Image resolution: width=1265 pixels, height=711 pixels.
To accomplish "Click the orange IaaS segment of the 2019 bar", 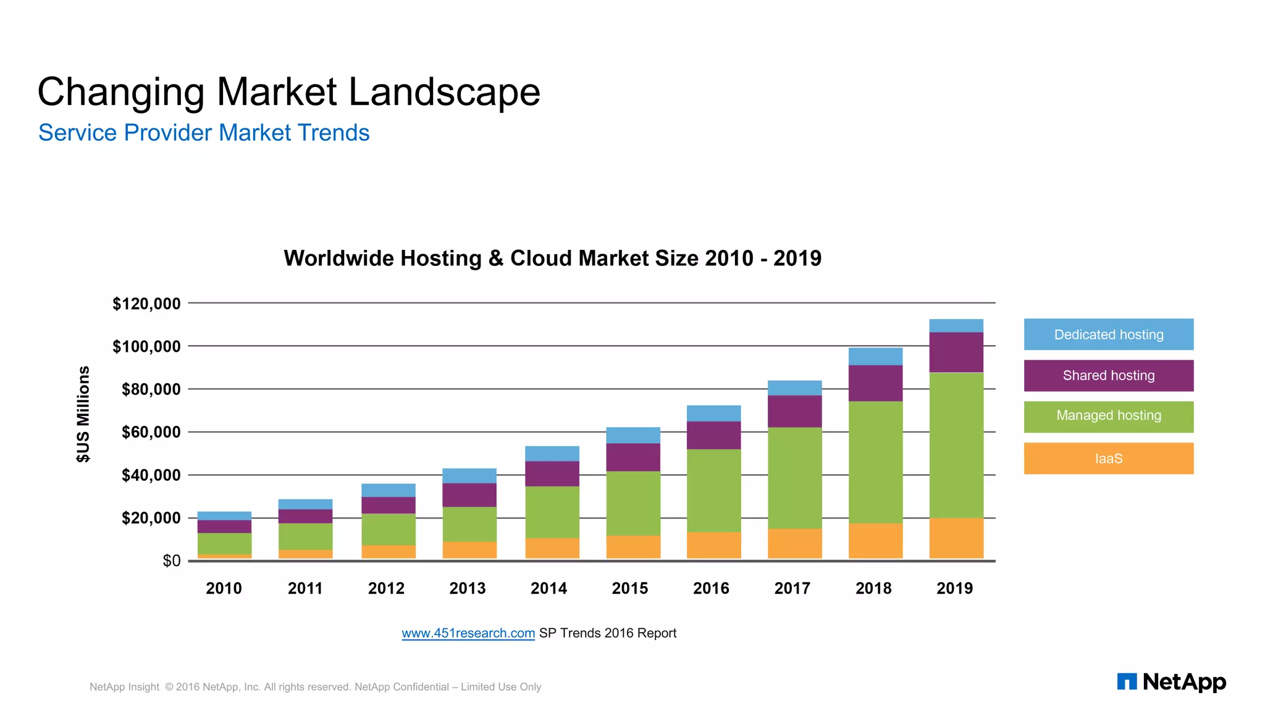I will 956,538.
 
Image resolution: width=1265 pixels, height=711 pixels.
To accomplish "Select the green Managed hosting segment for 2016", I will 713,490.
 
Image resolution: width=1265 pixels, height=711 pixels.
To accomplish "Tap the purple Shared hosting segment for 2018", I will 875,383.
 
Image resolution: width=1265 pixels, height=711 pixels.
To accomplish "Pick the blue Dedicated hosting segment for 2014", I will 552,454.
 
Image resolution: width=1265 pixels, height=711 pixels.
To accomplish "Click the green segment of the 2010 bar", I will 224,543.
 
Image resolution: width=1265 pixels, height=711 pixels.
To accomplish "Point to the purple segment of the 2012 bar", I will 388,505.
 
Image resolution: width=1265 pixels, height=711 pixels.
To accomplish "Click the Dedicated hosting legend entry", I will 1108,335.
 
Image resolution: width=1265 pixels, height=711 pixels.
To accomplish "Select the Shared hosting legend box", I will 1108,375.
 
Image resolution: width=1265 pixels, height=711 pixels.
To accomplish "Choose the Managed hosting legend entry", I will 1108,416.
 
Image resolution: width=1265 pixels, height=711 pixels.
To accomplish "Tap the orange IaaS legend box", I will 1108,458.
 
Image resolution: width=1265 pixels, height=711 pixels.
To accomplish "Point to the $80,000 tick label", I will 151,389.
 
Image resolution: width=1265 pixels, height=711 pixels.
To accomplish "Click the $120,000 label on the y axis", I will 146,304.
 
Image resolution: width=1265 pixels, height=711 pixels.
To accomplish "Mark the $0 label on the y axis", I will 171,561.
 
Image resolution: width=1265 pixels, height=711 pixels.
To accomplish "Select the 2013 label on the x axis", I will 468,588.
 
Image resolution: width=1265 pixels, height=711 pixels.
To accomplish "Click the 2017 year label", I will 792,588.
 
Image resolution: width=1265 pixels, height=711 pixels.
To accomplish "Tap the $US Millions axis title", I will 83,414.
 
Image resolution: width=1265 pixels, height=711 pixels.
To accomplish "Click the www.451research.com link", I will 468,633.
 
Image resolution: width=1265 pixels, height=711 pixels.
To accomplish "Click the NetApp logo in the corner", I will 1171,682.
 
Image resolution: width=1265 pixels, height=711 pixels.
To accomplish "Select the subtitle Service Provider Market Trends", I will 204,133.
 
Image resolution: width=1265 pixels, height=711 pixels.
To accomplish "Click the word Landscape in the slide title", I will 444,92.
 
